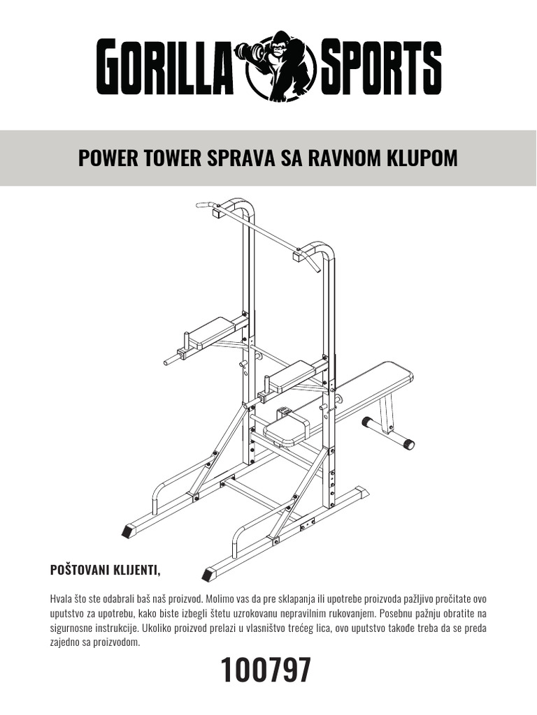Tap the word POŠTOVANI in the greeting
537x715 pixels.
pos(79,571)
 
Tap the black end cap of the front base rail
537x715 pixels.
pos(208,575)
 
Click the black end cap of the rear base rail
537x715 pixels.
pos(128,531)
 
